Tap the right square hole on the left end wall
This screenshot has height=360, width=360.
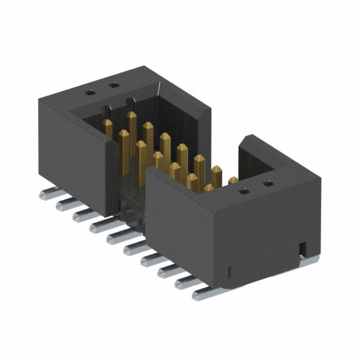(114, 85)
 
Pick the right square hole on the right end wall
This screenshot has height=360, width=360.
(269, 183)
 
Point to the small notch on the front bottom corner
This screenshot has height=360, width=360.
(230, 273)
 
